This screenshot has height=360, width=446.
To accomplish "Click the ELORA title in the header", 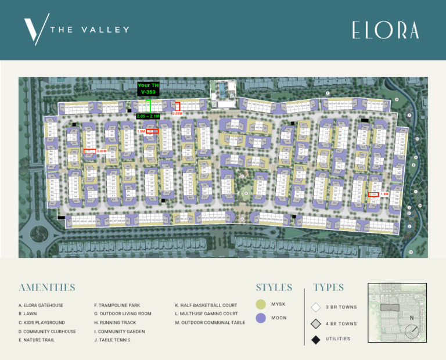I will click(385, 30).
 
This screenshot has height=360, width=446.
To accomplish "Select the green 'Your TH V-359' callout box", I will click(148, 89).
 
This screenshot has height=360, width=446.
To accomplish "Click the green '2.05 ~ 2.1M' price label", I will click(148, 116).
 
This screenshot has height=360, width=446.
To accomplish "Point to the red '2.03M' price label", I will click(102, 151).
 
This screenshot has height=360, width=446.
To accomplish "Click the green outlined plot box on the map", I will click(148, 106).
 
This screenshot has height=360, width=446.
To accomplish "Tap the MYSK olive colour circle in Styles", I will click(261, 304).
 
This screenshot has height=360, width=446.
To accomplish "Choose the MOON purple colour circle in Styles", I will click(261, 318).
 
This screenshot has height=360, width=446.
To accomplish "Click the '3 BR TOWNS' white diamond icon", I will click(315, 307).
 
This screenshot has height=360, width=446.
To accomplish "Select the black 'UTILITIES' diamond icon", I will click(315, 339).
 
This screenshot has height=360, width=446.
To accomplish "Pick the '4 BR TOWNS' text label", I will click(341, 323).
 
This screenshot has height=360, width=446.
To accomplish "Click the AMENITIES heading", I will click(47, 287).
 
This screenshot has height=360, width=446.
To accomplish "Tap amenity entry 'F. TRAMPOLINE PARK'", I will click(117, 305).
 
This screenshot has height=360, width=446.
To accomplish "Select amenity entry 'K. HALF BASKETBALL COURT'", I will click(206, 305).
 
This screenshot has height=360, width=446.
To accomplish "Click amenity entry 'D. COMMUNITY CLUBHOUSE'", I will click(47, 332).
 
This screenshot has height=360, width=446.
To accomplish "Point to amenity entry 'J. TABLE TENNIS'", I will click(112, 340).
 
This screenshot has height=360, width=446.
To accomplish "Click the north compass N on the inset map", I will click(412, 318).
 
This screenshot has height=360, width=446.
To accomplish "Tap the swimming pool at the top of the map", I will click(221, 90).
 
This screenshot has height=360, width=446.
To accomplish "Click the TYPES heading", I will click(329, 287).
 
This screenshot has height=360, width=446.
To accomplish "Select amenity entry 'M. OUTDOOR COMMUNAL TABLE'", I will click(210, 323).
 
